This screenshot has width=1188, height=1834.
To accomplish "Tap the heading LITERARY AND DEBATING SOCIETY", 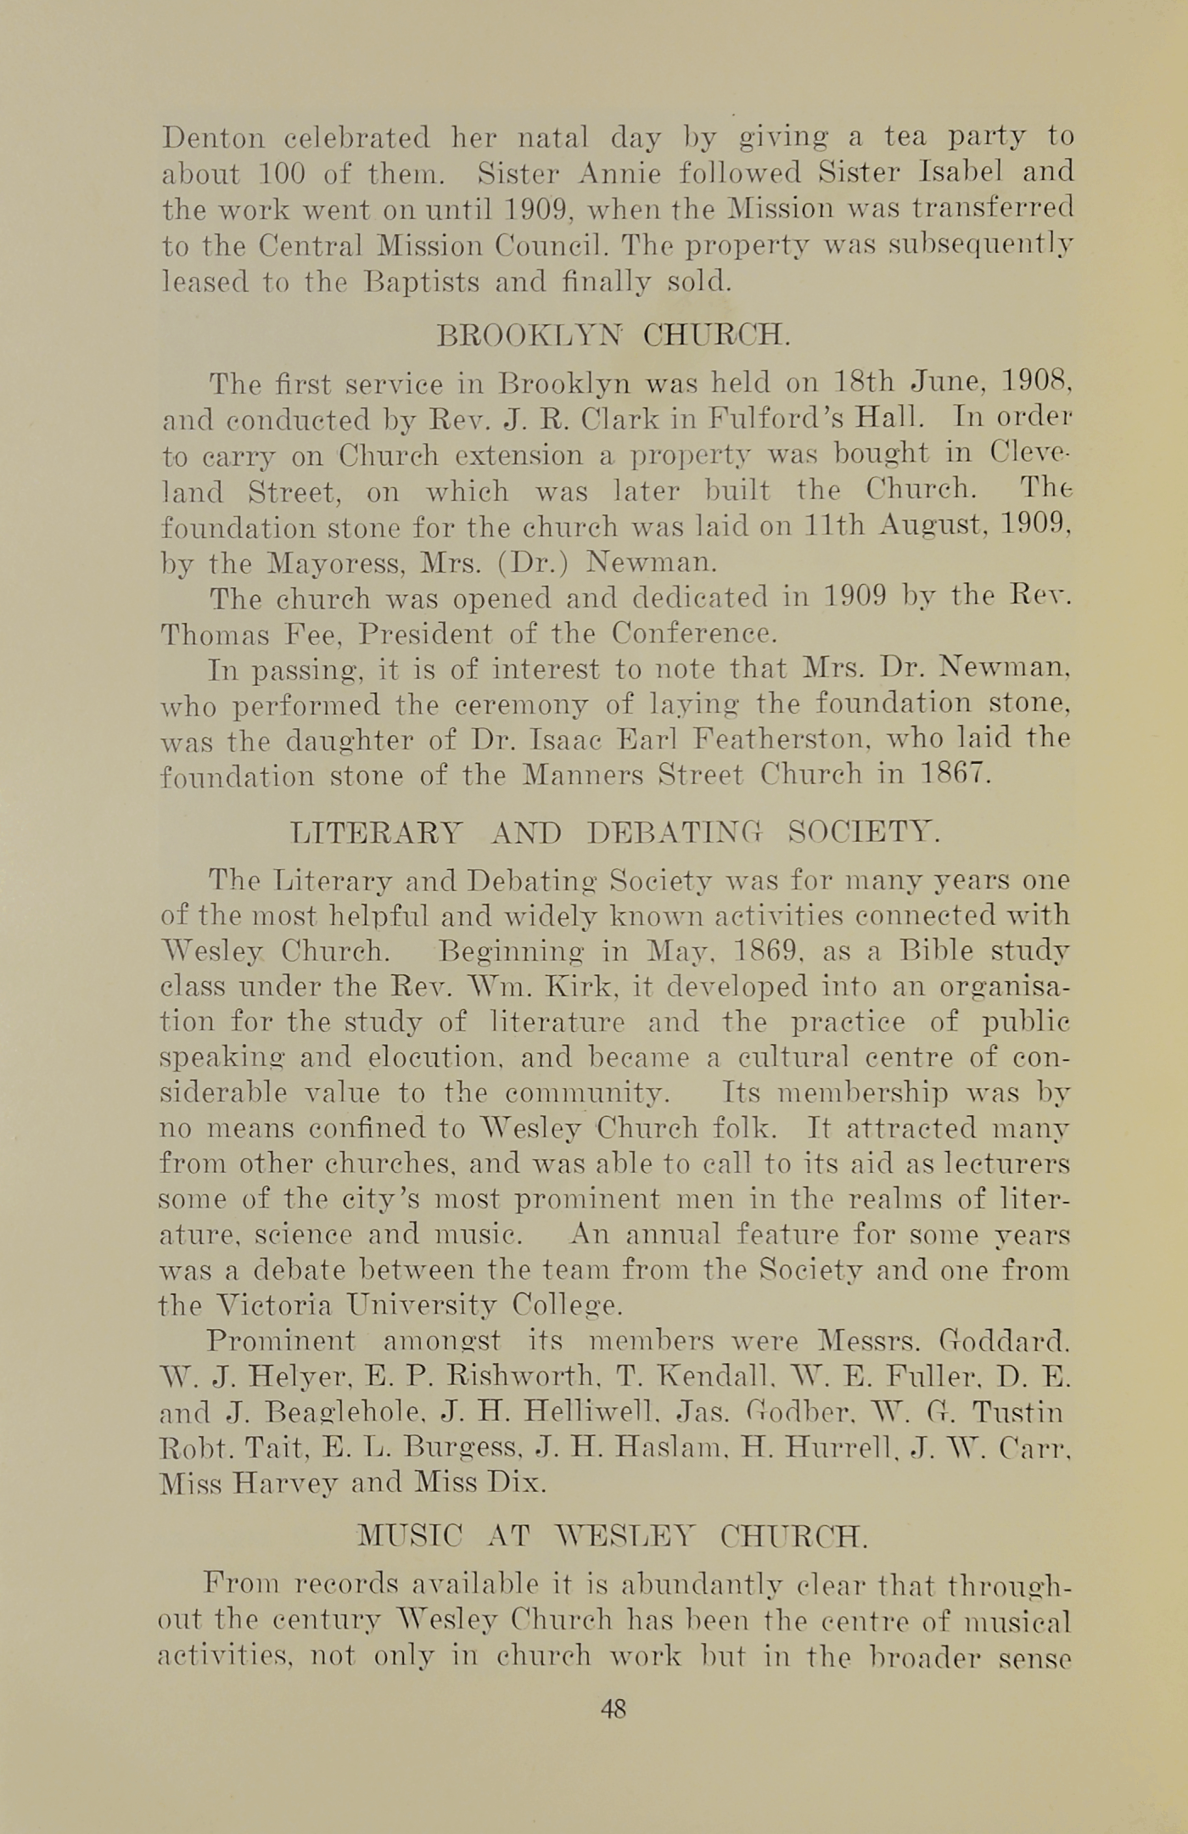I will tap(615, 832).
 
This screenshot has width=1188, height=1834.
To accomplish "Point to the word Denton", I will tap(213, 137).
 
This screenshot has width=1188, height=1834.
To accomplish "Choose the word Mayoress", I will tap(327, 563).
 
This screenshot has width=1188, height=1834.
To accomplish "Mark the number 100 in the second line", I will tap(275, 172).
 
